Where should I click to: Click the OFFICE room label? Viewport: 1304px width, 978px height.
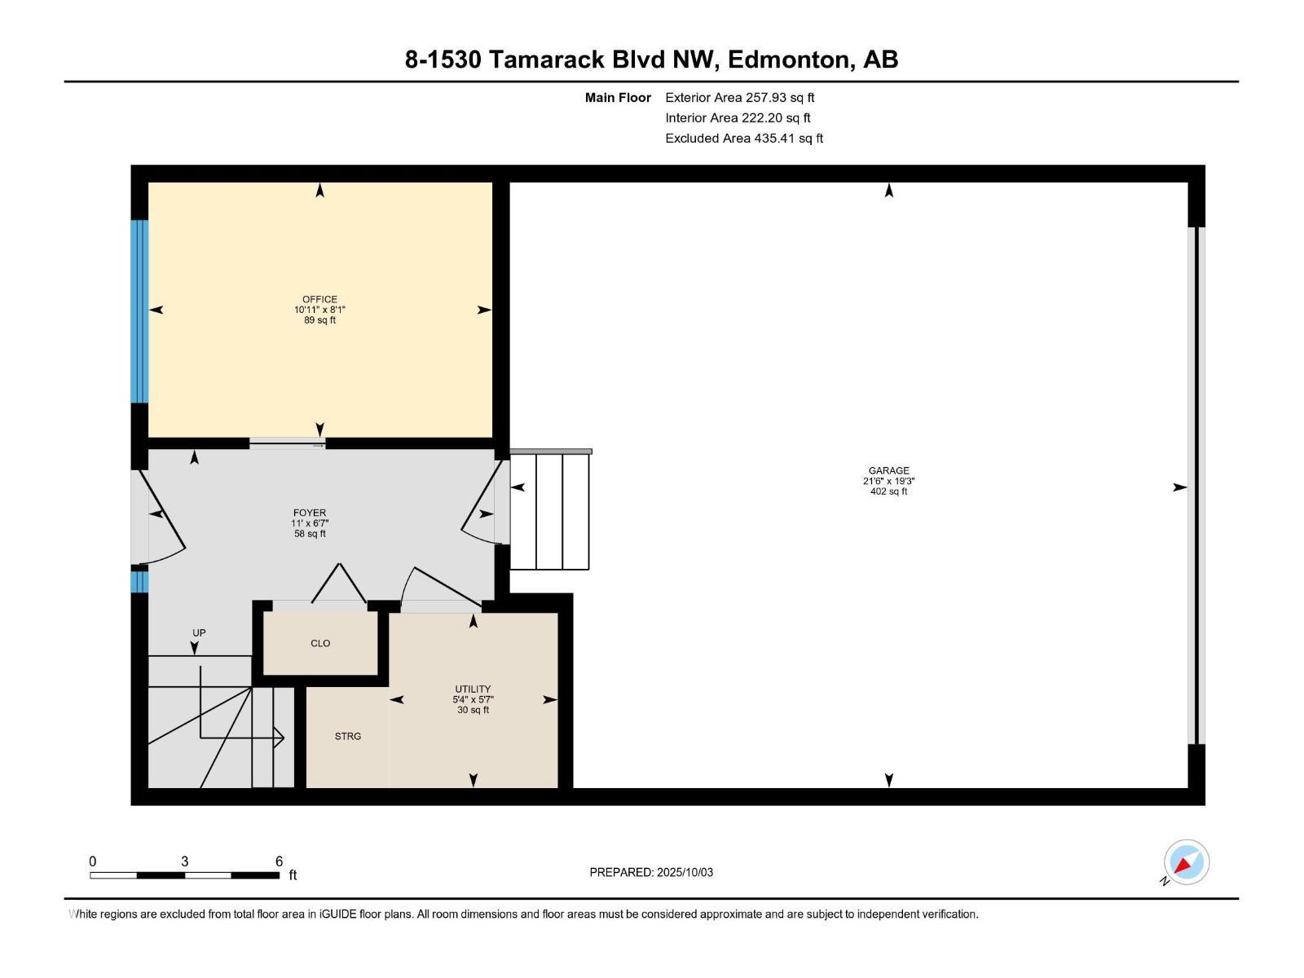(x=319, y=299)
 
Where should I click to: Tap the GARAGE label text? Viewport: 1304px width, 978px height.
(x=888, y=470)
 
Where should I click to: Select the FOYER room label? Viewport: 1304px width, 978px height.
(x=310, y=513)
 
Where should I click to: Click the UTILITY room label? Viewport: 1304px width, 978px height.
(x=473, y=689)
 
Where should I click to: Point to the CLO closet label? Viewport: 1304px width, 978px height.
(x=320, y=643)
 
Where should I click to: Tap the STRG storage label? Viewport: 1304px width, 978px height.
(x=348, y=736)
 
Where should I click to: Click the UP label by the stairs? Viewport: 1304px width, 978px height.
(x=199, y=632)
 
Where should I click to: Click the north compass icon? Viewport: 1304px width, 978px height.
(x=1186, y=862)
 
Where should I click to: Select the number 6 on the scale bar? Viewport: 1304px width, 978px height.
(x=279, y=861)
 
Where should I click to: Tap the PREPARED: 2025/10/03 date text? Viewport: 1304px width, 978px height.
(x=651, y=872)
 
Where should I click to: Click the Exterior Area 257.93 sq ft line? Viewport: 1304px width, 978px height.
(x=739, y=97)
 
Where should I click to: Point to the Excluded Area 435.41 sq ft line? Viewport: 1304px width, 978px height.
(x=743, y=139)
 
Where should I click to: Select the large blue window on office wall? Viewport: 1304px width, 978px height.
(x=139, y=311)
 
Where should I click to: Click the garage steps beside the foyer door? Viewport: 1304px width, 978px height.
(x=550, y=511)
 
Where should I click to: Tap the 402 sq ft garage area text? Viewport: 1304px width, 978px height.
(x=888, y=491)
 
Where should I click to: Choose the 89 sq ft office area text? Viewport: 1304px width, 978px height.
(x=319, y=320)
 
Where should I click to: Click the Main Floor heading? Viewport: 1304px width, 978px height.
(x=618, y=97)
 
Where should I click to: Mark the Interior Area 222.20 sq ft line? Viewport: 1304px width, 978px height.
(x=738, y=118)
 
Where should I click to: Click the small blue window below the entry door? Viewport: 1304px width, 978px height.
(x=139, y=581)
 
